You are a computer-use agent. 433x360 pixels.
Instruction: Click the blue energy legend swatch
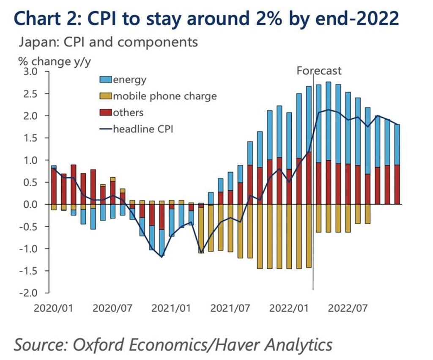106,79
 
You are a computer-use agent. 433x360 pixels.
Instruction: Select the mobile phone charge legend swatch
106,96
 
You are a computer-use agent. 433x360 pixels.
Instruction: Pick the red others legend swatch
106,113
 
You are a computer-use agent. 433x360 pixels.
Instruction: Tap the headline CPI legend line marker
106,129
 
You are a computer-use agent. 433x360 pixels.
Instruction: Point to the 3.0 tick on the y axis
38,71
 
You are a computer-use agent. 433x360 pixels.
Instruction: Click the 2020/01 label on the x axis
54,308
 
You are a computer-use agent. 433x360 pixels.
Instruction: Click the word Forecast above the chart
319,71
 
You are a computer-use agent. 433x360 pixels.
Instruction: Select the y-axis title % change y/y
54,61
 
